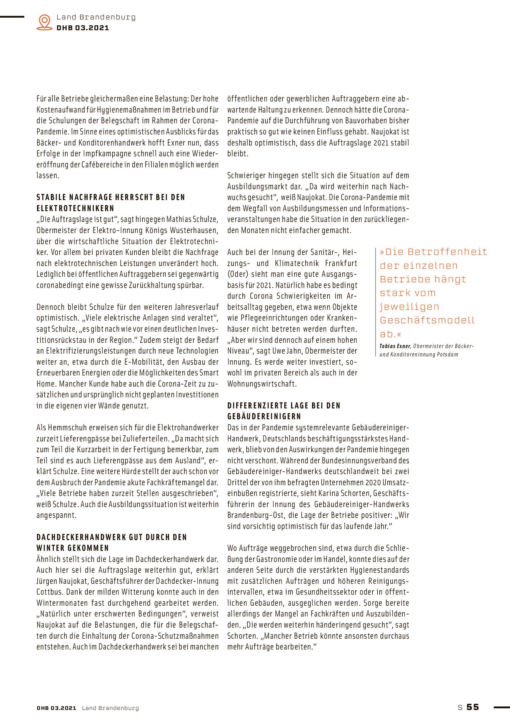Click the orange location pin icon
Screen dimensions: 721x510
pyautogui.click(x=45, y=22)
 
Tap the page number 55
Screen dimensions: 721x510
pyautogui.click(x=473, y=707)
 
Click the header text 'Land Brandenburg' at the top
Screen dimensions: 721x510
pyautogui.click(x=96, y=17)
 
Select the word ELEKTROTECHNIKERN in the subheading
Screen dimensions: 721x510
pyautogui.click(x=75, y=208)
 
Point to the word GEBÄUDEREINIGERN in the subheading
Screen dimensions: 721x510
pyautogui.click(x=264, y=416)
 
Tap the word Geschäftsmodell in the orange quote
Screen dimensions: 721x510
pyautogui.click(x=427, y=320)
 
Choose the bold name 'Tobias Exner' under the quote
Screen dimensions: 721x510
pyautogui.click(x=395, y=346)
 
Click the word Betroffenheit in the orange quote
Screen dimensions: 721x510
pyautogui.click(x=447, y=252)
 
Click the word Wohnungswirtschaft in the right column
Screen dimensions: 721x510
pyautogui.click(x=262, y=383)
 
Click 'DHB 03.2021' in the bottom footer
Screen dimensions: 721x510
pyautogui.click(x=57, y=708)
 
